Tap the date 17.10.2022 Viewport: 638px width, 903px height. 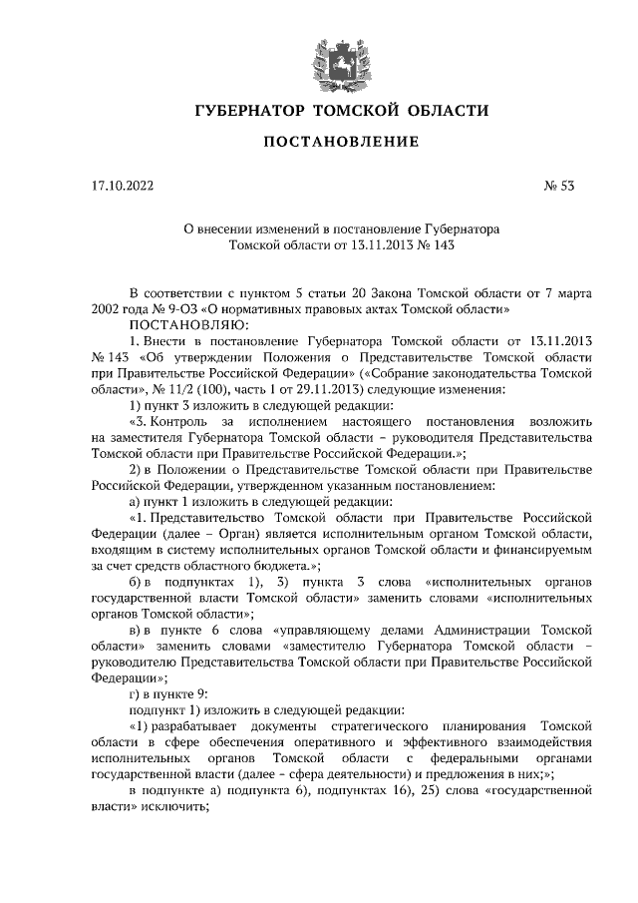[x=119, y=185]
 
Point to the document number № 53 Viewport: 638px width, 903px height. [x=558, y=185]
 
